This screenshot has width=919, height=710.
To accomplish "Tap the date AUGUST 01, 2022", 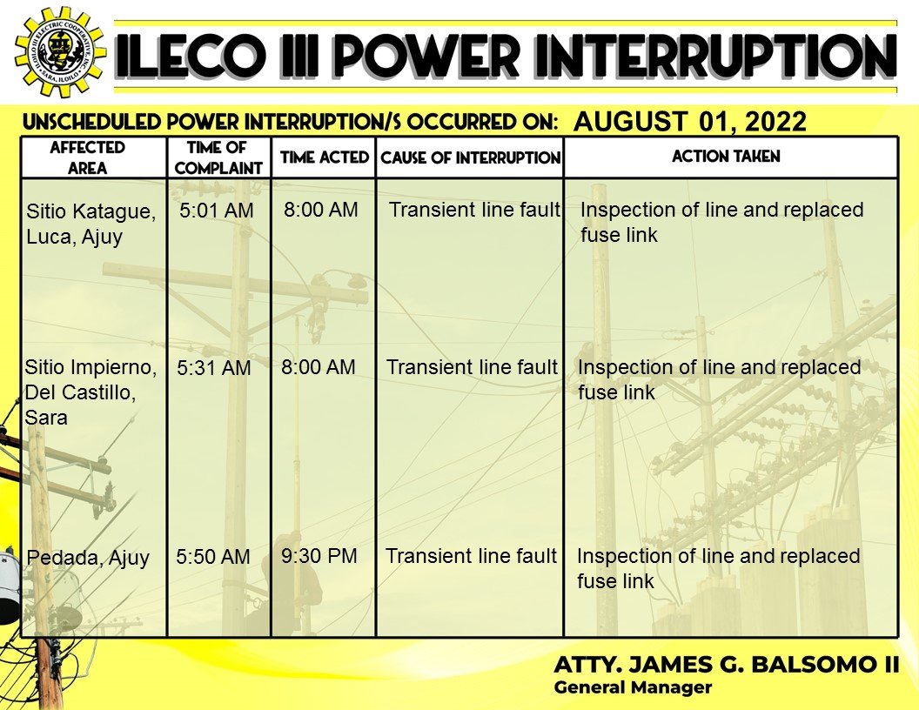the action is coord(690,122).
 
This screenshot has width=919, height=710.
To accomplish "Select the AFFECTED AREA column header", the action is coord(87,157).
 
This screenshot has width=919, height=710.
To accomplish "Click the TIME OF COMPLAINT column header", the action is coord(218,157).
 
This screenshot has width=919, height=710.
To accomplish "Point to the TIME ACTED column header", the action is coord(324,157).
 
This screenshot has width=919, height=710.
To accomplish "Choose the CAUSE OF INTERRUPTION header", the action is coord(471,157).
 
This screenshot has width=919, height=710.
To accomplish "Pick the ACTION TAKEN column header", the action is coord(726,157).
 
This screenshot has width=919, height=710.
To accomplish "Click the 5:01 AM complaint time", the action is coord(217,211).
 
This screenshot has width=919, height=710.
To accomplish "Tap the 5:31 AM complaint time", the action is coord(214,368).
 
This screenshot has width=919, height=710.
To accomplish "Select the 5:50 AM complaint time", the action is coord(212,556).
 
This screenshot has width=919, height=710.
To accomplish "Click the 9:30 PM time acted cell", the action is coord(319,555).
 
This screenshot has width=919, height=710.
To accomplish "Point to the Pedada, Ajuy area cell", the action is coord(88,558).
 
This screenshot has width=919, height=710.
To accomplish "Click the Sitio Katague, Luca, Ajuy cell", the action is coord(91,224).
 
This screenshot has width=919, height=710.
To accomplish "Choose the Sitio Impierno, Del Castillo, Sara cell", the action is coord(91,392).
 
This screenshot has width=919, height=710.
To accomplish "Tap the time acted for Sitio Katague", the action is coord(320,209).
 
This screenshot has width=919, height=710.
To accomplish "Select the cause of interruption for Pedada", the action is coord(471,555).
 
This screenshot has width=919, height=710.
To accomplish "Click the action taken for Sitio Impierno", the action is coord(719,379).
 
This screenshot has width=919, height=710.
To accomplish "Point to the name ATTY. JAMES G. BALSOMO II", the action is coord(726,664).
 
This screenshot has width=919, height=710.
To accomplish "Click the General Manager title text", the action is coord(633,687).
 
